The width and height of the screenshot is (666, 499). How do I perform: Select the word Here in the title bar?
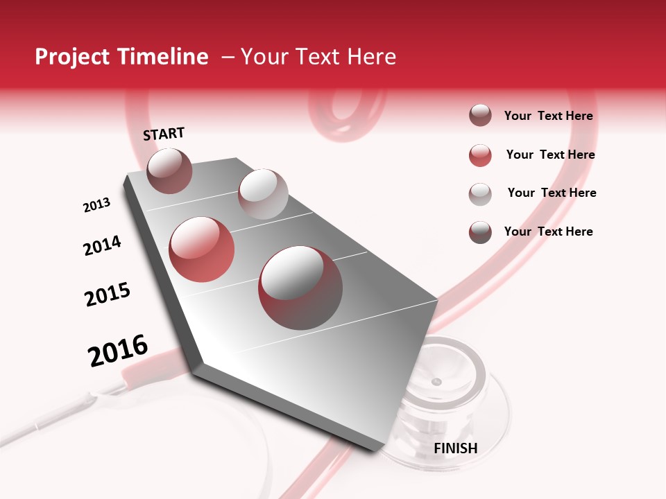click(x=371, y=57)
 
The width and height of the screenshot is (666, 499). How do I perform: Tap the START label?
click(x=164, y=134)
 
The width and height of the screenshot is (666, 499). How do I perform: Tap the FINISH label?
click(x=455, y=448)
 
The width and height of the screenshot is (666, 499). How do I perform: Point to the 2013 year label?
click(x=96, y=205)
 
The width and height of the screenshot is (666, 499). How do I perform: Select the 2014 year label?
click(x=102, y=245)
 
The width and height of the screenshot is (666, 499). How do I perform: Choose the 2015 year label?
click(x=108, y=295)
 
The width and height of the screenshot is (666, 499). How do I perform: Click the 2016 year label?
click(x=118, y=351)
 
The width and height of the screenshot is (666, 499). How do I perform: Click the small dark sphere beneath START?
click(x=169, y=170)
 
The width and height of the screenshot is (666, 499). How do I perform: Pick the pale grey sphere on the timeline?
click(x=263, y=194)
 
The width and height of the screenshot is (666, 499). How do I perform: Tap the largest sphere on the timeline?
click(x=300, y=287)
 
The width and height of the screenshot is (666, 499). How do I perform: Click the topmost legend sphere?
click(x=480, y=116)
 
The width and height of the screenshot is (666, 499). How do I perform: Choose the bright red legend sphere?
click(x=480, y=155)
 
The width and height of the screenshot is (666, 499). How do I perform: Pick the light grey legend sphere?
click(x=480, y=193)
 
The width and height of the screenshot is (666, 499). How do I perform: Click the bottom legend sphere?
click(x=480, y=232)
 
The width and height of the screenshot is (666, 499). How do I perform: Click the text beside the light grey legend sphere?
click(x=552, y=193)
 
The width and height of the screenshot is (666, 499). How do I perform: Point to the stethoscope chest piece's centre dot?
click(x=436, y=382)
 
